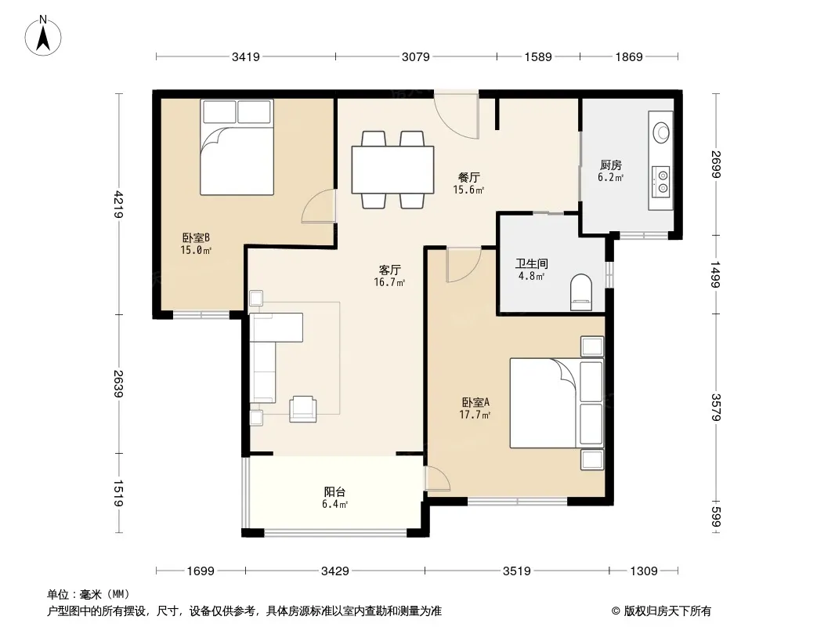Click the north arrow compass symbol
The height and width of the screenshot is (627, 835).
(x=43, y=35)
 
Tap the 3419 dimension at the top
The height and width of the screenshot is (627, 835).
(x=245, y=56)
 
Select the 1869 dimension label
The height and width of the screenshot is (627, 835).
(x=629, y=56)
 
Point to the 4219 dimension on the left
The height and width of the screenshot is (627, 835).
(x=118, y=204)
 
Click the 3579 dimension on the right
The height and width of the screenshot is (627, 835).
(x=716, y=407)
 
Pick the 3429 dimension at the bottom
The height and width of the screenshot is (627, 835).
(x=335, y=571)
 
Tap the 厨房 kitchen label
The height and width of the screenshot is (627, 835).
(x=611, y=165)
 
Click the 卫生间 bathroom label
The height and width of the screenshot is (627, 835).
(x=531, y=263)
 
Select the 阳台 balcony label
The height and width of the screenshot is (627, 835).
(x=335, y=492)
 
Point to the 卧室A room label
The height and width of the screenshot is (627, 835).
(x=475, y=403)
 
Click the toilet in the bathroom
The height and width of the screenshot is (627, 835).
(x=581, y=292)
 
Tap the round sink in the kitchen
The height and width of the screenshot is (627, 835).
(x=661, y=132)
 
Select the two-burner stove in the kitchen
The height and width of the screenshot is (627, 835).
(x=662, y=181)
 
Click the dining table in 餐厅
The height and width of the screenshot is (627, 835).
(x=392, y=169)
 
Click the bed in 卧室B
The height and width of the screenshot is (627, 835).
(x=237, y=147)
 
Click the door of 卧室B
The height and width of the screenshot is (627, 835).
(x=319, y=205)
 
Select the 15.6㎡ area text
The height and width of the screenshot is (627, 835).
(x=468, y=190)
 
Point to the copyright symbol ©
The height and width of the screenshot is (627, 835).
(x=616, y=611)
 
